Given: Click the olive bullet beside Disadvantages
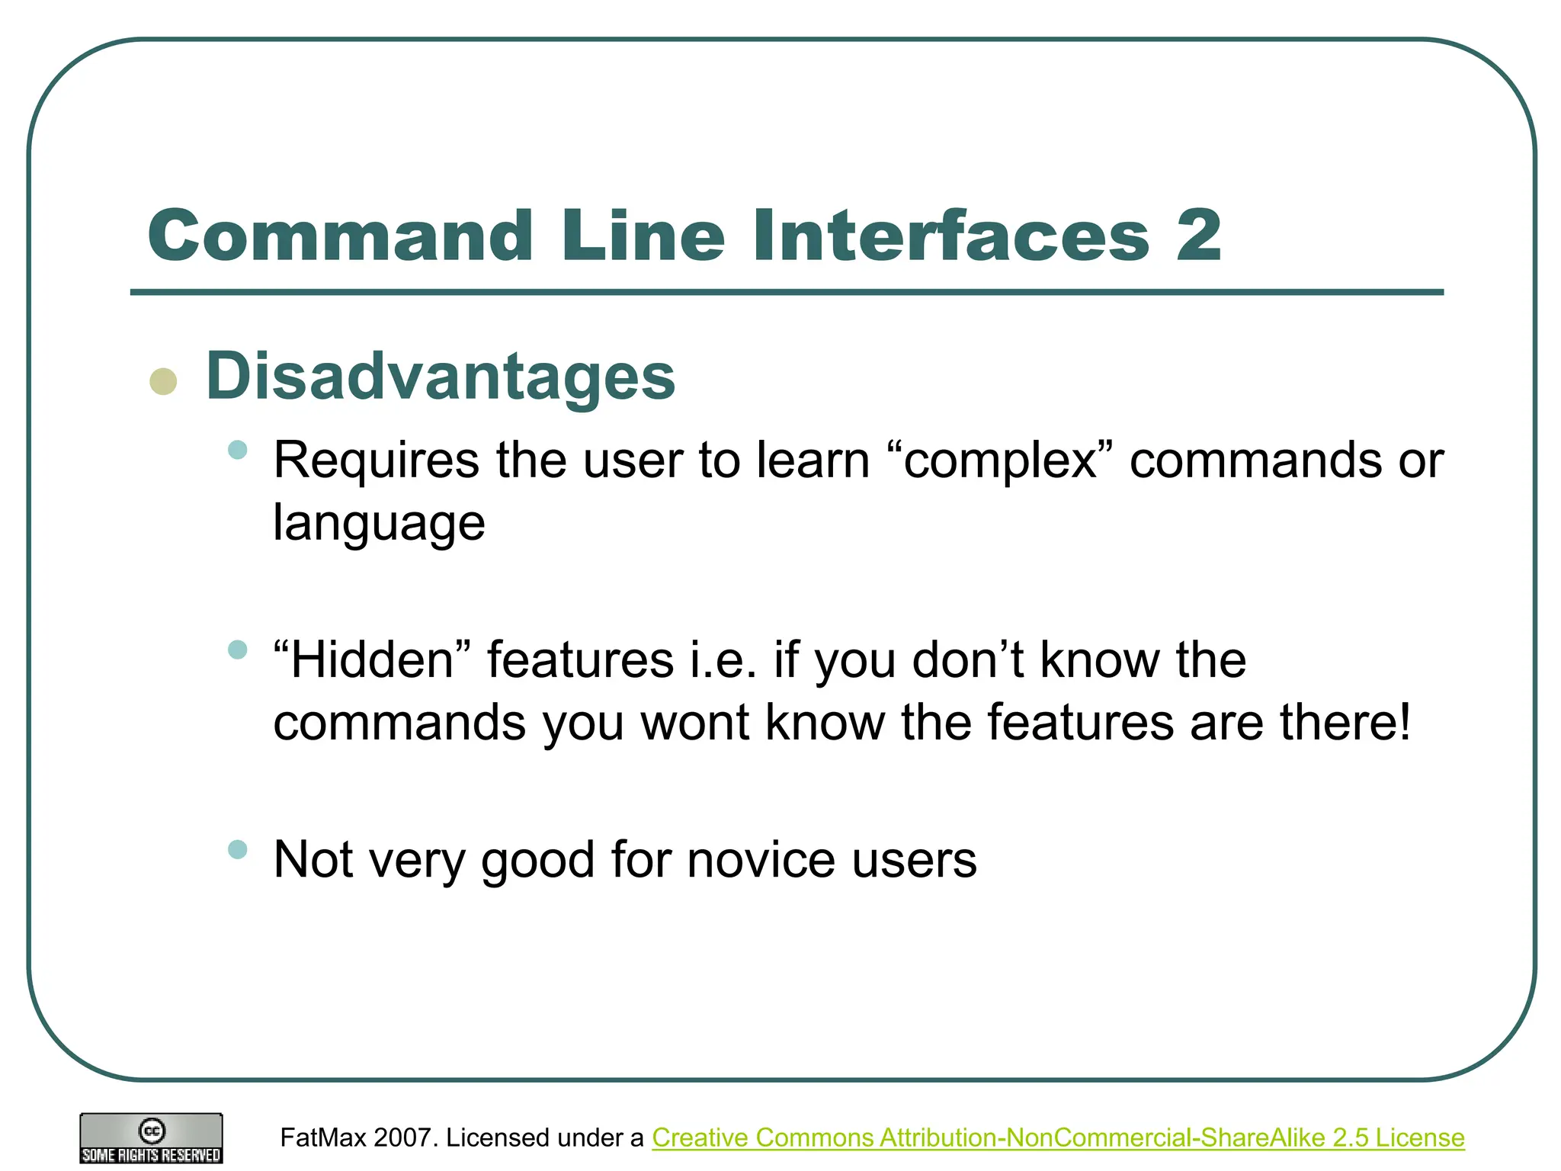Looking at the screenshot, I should click(x=163, y=381).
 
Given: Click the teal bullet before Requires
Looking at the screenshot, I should click(x=238, y=450).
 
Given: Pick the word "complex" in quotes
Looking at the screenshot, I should click(x=1001, y=461).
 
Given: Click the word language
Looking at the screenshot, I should click(x=379, y=524).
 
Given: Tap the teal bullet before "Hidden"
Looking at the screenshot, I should click(x=238, y=650).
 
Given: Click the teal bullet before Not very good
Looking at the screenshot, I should click(x=238, y=849).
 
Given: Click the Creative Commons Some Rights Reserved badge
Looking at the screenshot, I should click(x=151, y=1138).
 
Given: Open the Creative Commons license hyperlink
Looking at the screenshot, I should click(x=1058, y=1137).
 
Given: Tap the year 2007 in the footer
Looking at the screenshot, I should click(x=406, y=1137).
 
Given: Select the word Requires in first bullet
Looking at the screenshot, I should click(x=377, y=461).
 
